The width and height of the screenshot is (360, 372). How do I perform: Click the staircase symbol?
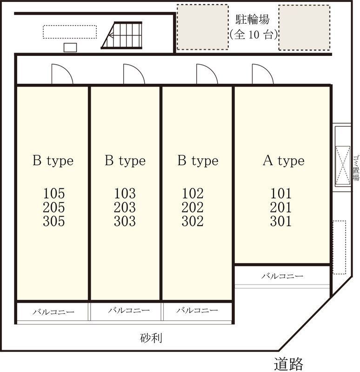point(122,35)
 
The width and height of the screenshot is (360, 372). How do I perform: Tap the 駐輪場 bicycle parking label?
point(253,20)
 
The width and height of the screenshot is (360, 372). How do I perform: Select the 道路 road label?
point(288,364)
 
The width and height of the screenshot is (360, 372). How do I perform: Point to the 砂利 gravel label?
point(151,338)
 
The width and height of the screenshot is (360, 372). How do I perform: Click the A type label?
point(284,161)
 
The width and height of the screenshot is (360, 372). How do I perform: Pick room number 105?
point(54,193)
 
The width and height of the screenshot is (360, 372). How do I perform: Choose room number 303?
point(125,221)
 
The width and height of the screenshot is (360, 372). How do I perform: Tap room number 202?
point(193,207)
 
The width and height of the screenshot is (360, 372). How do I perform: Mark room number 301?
point(281,221)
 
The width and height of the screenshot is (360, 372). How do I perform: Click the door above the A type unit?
point(262,74)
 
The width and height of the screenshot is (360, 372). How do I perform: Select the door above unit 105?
point(62,74)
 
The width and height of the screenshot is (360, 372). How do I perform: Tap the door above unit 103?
point(134,74)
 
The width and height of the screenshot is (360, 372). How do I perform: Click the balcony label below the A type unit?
point(282,276)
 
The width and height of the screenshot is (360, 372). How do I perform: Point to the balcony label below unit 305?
point(53,312)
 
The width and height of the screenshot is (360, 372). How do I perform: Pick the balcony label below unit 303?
point(129,310)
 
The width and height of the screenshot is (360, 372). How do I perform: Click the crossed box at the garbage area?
point(343,165)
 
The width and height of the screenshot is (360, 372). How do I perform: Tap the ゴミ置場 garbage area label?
point(356,168)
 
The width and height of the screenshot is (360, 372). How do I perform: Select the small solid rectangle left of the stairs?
point(70,47)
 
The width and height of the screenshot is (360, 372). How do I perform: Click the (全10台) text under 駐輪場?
point(253,35)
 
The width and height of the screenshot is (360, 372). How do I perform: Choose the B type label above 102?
point(198,161)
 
